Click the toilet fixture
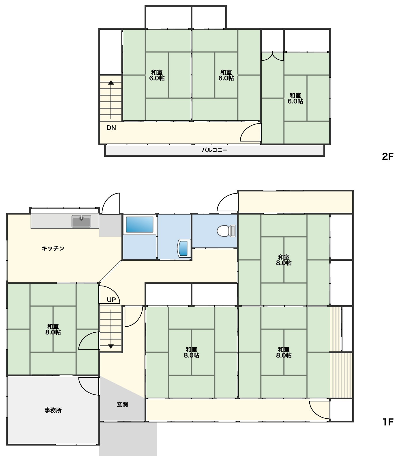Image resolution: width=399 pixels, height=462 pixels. click(x=226, y=231)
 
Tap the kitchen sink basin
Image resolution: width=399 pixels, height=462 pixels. click(x=81, y=221)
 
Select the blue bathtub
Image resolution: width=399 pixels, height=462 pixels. click(x=140, y=225)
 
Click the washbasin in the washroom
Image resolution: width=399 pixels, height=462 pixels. click(x=184, y=248)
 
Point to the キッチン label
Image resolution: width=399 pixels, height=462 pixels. click(x=53, y=248)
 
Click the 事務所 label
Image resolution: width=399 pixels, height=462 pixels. click(x=53, y=410)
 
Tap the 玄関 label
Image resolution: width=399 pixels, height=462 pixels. click(x=122, y=405)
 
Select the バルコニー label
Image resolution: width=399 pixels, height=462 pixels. click(x=214, y=150)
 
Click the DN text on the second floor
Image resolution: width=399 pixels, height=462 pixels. click(x=111, y=128)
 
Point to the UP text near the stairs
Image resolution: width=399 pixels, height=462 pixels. click(x=111, y=300)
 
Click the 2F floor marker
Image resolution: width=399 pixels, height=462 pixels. click(x=388, y=157)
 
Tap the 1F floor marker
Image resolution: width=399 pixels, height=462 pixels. click(x=388, y=422)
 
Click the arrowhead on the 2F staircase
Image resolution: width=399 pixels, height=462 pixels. click(x=111, y=83)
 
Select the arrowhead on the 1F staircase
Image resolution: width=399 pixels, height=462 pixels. click(x=111, y=346)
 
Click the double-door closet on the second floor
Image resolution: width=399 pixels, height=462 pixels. click(x=272, y=56)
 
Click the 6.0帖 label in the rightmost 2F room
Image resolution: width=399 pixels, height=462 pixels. click(x=295, y=101)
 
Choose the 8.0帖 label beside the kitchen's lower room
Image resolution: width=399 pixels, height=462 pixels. click(x=53, y=332)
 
